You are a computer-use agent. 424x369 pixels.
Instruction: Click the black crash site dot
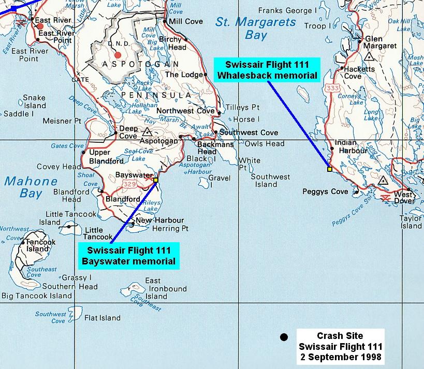pyautogui.click(x=283, y=337)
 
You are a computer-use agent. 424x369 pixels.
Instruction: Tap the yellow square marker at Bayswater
pyautogui.click(x=155, y=180)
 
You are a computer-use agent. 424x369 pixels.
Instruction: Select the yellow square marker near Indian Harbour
pyautogui.click(x=329, y=169)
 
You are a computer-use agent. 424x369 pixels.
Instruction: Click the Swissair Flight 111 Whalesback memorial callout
pyautogui.click(x=267, y=70)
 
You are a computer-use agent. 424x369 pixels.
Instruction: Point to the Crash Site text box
pyautogui.click(x=340, y=345)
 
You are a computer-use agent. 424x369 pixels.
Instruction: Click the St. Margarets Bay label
pyautogui.click(x=255, y=29)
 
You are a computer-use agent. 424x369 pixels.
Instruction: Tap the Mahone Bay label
pyautogui.click(x=31, y=187)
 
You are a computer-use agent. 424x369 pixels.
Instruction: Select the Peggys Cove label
pyautogui.click(x=325, y=191)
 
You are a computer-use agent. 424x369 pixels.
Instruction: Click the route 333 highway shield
pyautogui.click(x=332, y=89)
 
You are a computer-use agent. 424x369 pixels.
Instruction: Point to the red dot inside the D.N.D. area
pyautogui.click(x=118, y=54)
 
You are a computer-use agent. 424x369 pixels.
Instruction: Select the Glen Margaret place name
pyautogui.click(x=381, y=42)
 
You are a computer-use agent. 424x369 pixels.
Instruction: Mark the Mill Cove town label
pyautogui.click(x=182, y=22)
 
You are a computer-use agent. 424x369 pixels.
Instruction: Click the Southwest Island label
pyautogui.click(x=270, y=181)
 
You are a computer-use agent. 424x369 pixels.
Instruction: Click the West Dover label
pyautogui.click(x=404, y=198)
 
